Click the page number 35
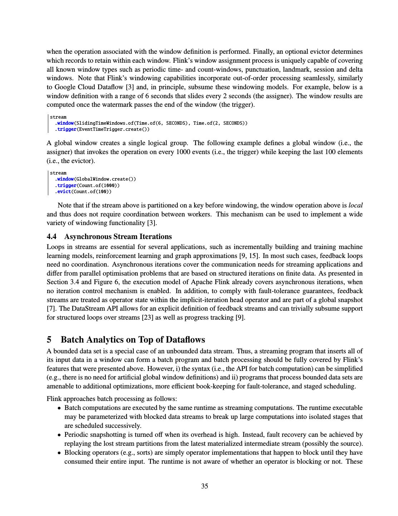tap(205, 486)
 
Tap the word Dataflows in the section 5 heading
tap(185, 339)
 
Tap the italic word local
tap(355, 205)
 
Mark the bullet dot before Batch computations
tap(60, 408)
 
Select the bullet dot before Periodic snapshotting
tap(60, 435)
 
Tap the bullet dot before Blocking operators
tap(60, 453)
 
